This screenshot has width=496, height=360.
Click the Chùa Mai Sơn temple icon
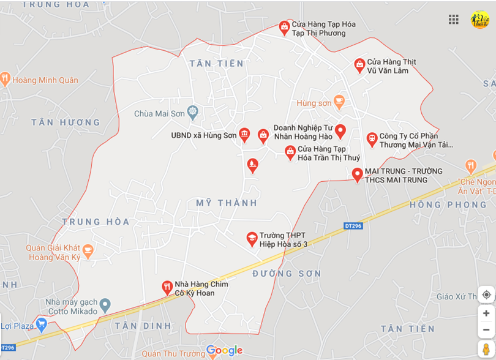(x=194, y=112)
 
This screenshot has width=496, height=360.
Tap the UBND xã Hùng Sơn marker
(x=244, y=135)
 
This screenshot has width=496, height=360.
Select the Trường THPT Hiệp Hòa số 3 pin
(x=252, y=239)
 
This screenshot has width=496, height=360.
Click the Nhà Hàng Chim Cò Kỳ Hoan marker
(x=167, y=287)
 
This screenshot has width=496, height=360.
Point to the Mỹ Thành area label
(x=227, y=203)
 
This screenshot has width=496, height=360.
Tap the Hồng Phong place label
(x=448, y=205)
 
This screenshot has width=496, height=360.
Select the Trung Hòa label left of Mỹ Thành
(x=96, y=222)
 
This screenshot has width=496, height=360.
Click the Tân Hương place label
(x=66, y=122)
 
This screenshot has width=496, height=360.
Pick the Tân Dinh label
(x=143, y=326)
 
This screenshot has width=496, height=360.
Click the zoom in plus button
(x=486, y=313)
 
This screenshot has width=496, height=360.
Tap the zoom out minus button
(x=486, y=329)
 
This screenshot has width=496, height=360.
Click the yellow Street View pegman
(x=486, y=350)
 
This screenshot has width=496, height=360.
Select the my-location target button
(x=486, y=294)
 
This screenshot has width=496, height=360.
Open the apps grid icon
(x=454, y=20)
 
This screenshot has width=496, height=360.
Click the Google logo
(x=224, y=351)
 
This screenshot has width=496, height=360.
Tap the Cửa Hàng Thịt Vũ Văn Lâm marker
(x=359, y=65)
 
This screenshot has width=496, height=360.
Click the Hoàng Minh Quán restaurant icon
(x=6, y=78)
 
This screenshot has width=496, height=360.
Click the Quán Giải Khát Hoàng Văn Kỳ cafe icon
(x=88, y=250)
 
